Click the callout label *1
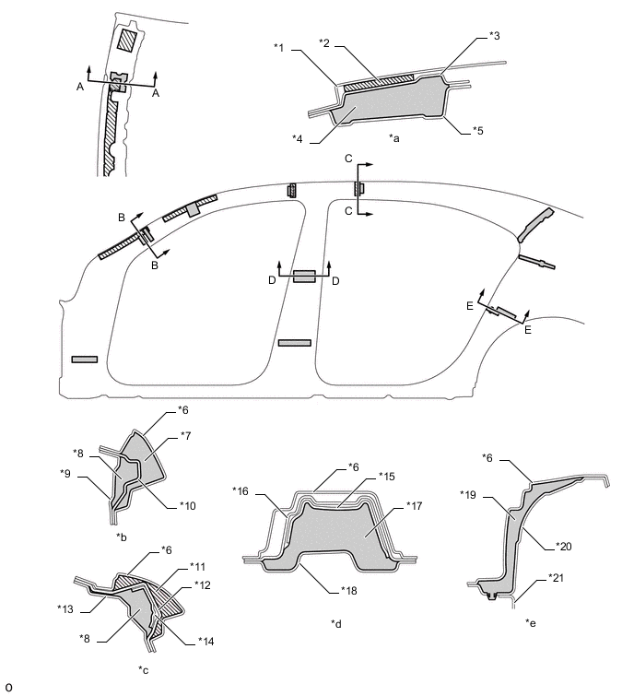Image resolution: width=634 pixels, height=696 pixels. [280, 45]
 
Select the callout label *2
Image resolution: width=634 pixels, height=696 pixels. [324, 42]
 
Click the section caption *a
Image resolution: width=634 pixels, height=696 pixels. [394, 137]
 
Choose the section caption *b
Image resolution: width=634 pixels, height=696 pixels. [122, 536]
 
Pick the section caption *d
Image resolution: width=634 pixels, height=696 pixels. [337, 624]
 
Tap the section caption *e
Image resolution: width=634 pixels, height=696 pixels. [532, 624]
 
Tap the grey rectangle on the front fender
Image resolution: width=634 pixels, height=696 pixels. [85, 358]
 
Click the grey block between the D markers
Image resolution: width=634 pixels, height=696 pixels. [304, 276]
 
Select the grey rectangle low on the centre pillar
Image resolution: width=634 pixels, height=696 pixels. [295, 342]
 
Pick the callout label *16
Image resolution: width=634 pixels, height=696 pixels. [241, 490]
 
